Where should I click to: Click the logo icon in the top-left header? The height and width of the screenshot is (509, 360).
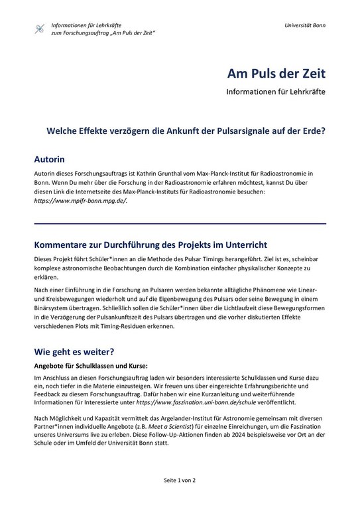(x=40, y=28)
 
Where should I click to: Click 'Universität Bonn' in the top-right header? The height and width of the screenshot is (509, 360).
(x=304, y=25)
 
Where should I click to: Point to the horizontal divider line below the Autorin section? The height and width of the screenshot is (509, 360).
(x=180, y=223)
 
